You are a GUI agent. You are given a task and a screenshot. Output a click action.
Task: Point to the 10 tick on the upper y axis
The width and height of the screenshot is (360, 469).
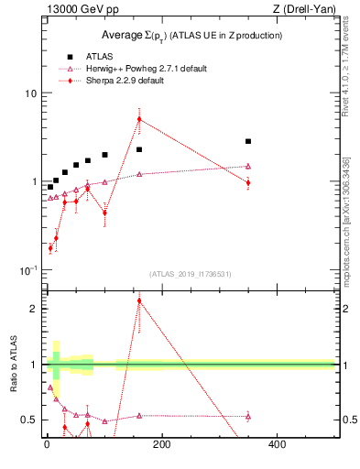click(x=30, y=93)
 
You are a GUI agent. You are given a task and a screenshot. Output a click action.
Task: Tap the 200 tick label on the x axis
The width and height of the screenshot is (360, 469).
click(x=161, y=444)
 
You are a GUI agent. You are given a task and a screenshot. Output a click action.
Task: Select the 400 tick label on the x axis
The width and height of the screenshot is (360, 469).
click(x=276, y=444)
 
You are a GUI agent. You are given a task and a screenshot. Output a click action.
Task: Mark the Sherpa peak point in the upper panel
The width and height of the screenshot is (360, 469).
click(x=139, y=119)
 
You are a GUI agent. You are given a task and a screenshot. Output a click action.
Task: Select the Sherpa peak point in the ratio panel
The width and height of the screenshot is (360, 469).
click(x=139, y=300)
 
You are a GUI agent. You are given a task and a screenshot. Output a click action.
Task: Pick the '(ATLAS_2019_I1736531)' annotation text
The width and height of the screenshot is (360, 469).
click(x=191, y=273)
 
